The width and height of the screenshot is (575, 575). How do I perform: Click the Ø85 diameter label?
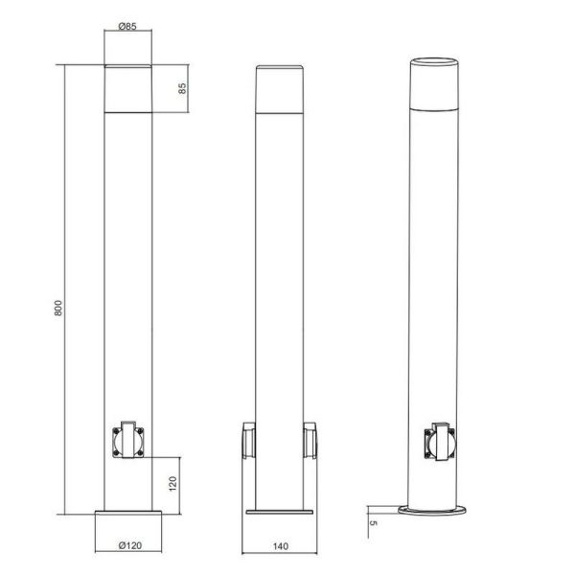click(x=126, y=27)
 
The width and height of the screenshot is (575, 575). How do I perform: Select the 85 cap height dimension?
click(x=181, y=88)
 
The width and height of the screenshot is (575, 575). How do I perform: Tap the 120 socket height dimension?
click(x=173, y=481)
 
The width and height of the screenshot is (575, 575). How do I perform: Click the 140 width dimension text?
click(x=281, y=546)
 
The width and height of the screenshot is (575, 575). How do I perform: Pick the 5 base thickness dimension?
click(x=373, y=523)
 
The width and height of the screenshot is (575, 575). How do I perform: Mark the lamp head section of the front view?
click(x=127, y=88)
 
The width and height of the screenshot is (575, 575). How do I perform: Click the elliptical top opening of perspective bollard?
click(x=435, y=63)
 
